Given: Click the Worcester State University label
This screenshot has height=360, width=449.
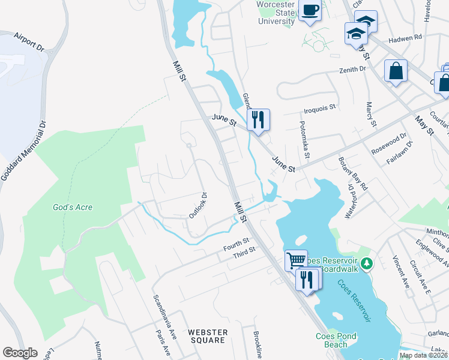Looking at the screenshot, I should [275, 13].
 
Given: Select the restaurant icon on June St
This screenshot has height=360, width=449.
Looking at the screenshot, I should [258, 119].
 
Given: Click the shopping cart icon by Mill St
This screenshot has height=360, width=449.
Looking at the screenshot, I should [296, 260].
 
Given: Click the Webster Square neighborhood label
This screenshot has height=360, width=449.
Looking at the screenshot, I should [208, 336].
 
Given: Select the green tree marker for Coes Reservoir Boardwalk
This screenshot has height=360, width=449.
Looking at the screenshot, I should [370, 263].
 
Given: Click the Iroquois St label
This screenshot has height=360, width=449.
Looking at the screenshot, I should [319, 109].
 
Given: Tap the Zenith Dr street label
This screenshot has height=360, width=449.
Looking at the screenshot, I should [354, 70].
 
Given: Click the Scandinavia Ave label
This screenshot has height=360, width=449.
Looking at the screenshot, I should [165, 315].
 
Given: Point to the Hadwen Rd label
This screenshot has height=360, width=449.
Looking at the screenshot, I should [406, 37].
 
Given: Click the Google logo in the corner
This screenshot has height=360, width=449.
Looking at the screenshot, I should [20, 353].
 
